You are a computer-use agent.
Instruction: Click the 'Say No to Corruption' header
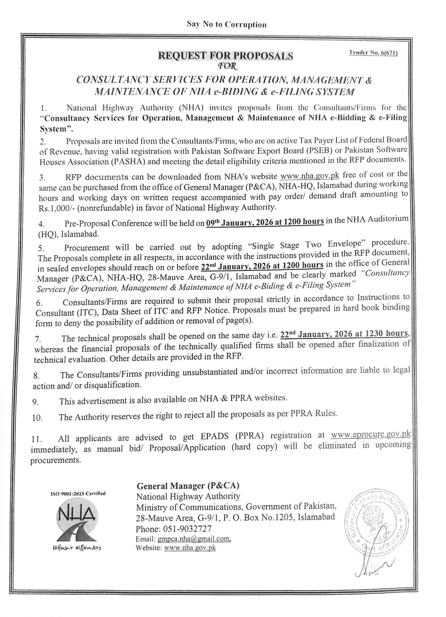[x=226, y=25]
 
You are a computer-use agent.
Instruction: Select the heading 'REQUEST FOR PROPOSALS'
[x=226, y=56]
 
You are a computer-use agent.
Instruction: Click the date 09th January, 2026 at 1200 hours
[x=265, y=222]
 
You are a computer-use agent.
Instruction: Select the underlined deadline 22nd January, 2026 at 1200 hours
[x=262, y=266]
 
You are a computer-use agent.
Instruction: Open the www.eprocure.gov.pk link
[x=370, y=434]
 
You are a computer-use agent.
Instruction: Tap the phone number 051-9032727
[x=189, y=529]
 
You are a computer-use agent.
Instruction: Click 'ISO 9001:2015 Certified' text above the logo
[x=78, y=494]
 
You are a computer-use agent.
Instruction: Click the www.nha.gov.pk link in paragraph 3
[x=310, y=176]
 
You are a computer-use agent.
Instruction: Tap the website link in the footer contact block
[x=190, y=548]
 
